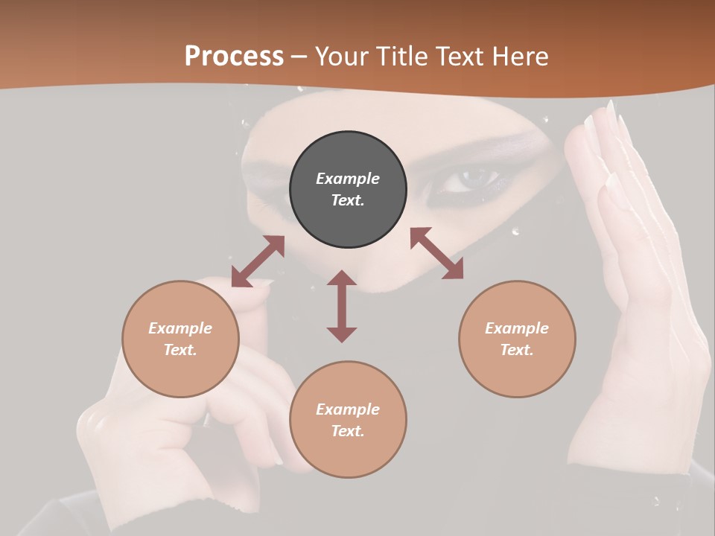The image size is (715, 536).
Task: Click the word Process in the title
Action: pyautogui.click(x=234, y=57)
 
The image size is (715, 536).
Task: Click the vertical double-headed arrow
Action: pyautogui.click(x=342, y=306)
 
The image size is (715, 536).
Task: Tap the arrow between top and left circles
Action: pyautogui.click(x=258, y=261)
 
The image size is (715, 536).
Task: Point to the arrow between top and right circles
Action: pyautogui.click(x=436, y=253)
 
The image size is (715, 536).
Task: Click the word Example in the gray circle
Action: pyautogui.click(x=348, y=179)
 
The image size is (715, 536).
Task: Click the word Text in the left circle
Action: pyautogui.click(x=180, y=350)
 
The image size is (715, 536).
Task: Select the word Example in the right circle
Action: pyautogui.click(x=517, y=328)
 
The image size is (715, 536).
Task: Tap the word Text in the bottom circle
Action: pyautogui.click(x=348, y=431)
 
